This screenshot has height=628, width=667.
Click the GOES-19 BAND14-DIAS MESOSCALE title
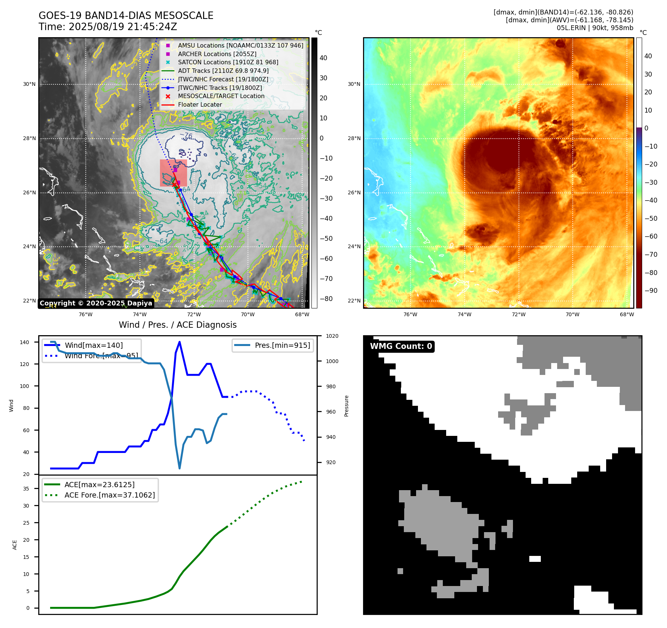(126, 16)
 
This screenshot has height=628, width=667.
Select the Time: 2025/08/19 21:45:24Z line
(108, 27)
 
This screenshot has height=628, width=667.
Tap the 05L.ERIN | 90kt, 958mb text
(595, 28)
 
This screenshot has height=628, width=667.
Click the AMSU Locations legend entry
(240, 45)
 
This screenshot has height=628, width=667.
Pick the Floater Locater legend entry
(200, 105)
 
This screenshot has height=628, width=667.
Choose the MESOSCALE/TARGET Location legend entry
(221, 96)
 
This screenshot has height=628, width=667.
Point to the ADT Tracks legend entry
(223, 71)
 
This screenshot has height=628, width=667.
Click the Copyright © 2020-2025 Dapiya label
(96, 303)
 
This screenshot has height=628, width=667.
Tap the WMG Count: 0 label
(401, 346)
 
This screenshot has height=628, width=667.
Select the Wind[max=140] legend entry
(94, 345)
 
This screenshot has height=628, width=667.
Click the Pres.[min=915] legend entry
(282, 345)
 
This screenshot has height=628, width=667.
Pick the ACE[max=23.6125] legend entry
(99, 485)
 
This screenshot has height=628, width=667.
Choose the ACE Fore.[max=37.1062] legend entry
(109, 495)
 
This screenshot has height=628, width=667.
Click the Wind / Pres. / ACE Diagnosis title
(177, 325)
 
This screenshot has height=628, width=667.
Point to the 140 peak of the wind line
(179, 342)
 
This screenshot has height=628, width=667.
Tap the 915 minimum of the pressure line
(180, 468)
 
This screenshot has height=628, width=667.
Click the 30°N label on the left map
(29, 84)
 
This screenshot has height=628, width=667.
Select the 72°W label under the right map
(518, 314)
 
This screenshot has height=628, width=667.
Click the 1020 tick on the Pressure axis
(332, 336)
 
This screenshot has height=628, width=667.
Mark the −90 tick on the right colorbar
(651, 291)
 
